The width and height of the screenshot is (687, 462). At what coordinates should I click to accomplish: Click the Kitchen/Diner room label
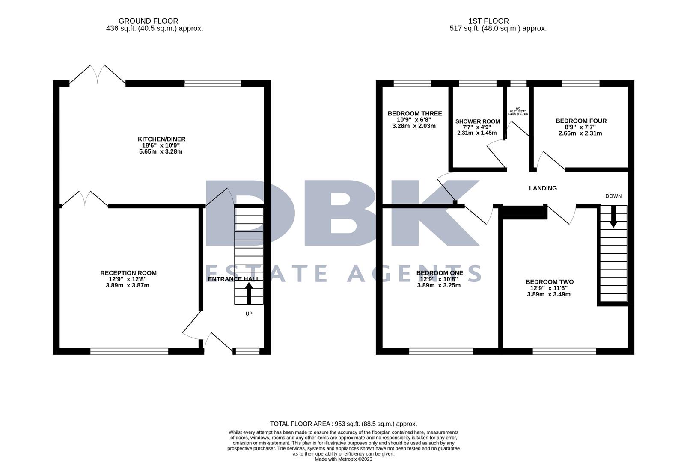coord(161,139)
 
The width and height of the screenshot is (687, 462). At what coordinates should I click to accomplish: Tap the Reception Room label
coord(128,273)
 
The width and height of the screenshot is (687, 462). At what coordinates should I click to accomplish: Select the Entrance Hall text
coord(234,279)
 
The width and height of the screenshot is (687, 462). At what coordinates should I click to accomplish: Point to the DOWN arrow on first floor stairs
coord(613,216)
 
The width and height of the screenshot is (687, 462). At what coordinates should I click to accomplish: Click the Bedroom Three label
coord(414,113)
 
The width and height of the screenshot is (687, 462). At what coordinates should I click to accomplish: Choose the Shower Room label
coord(477,121)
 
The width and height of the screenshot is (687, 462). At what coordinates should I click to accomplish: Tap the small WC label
coord(518,108)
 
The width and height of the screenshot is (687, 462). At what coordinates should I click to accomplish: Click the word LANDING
coord(543,188)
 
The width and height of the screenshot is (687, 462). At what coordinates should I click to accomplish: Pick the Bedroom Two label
coord(550,282)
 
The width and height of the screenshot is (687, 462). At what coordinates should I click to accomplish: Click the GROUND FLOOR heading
coord(148,21)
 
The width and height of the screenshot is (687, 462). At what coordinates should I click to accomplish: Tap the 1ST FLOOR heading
coord(488,21)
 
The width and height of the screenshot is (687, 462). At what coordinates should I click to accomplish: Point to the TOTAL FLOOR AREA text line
coord(343,424)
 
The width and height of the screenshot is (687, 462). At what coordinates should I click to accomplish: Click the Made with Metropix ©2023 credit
coord(343,459)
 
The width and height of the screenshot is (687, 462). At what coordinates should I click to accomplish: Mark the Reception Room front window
coord(129,351)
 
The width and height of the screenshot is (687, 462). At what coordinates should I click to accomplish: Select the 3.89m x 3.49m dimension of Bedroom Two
coord(549,294)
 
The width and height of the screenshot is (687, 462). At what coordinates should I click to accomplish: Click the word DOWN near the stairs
coord(613,196)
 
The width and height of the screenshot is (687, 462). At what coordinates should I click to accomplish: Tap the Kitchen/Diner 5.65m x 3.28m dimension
coord(161,151)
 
